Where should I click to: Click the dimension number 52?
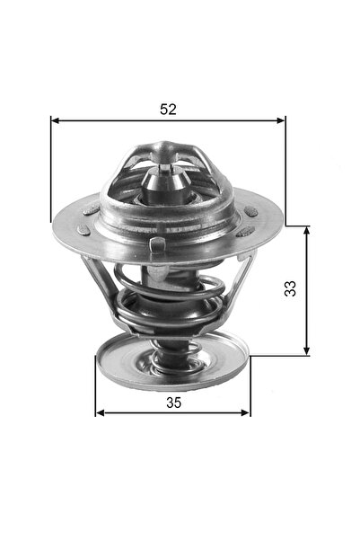point(168,109)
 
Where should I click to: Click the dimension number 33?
point(289,289)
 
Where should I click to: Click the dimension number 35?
point(173,403)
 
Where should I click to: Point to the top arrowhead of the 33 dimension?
point(308,231)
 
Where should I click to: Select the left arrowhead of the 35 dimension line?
point(100,413)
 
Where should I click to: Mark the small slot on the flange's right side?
point(250,212)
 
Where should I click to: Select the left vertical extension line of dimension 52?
point(50,171)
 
